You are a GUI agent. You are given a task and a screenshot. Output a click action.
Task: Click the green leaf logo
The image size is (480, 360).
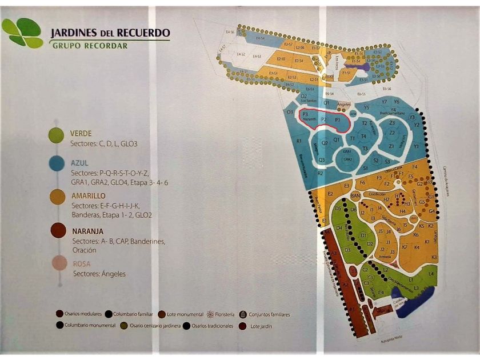[x=22, y=33]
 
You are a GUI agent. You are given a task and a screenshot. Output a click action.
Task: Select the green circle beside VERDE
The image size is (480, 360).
[x=56, y=135]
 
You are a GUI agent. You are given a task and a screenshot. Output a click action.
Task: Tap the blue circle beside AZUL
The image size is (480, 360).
[x=56, y=164]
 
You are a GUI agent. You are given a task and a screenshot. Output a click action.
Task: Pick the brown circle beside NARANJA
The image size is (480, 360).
[x=57, y=230]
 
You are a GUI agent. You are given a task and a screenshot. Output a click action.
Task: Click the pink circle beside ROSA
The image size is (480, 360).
[x=58, y=263]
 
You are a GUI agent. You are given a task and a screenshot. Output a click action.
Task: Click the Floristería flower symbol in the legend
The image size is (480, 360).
[x=210, y=314]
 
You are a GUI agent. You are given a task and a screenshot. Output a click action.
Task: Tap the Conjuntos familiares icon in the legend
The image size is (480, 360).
[x=243, y=314]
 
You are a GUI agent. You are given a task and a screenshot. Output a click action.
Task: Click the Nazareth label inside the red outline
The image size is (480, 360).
[x=309, y=121]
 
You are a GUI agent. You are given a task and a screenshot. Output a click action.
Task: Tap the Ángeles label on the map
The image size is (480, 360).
[x=343, y=105]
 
